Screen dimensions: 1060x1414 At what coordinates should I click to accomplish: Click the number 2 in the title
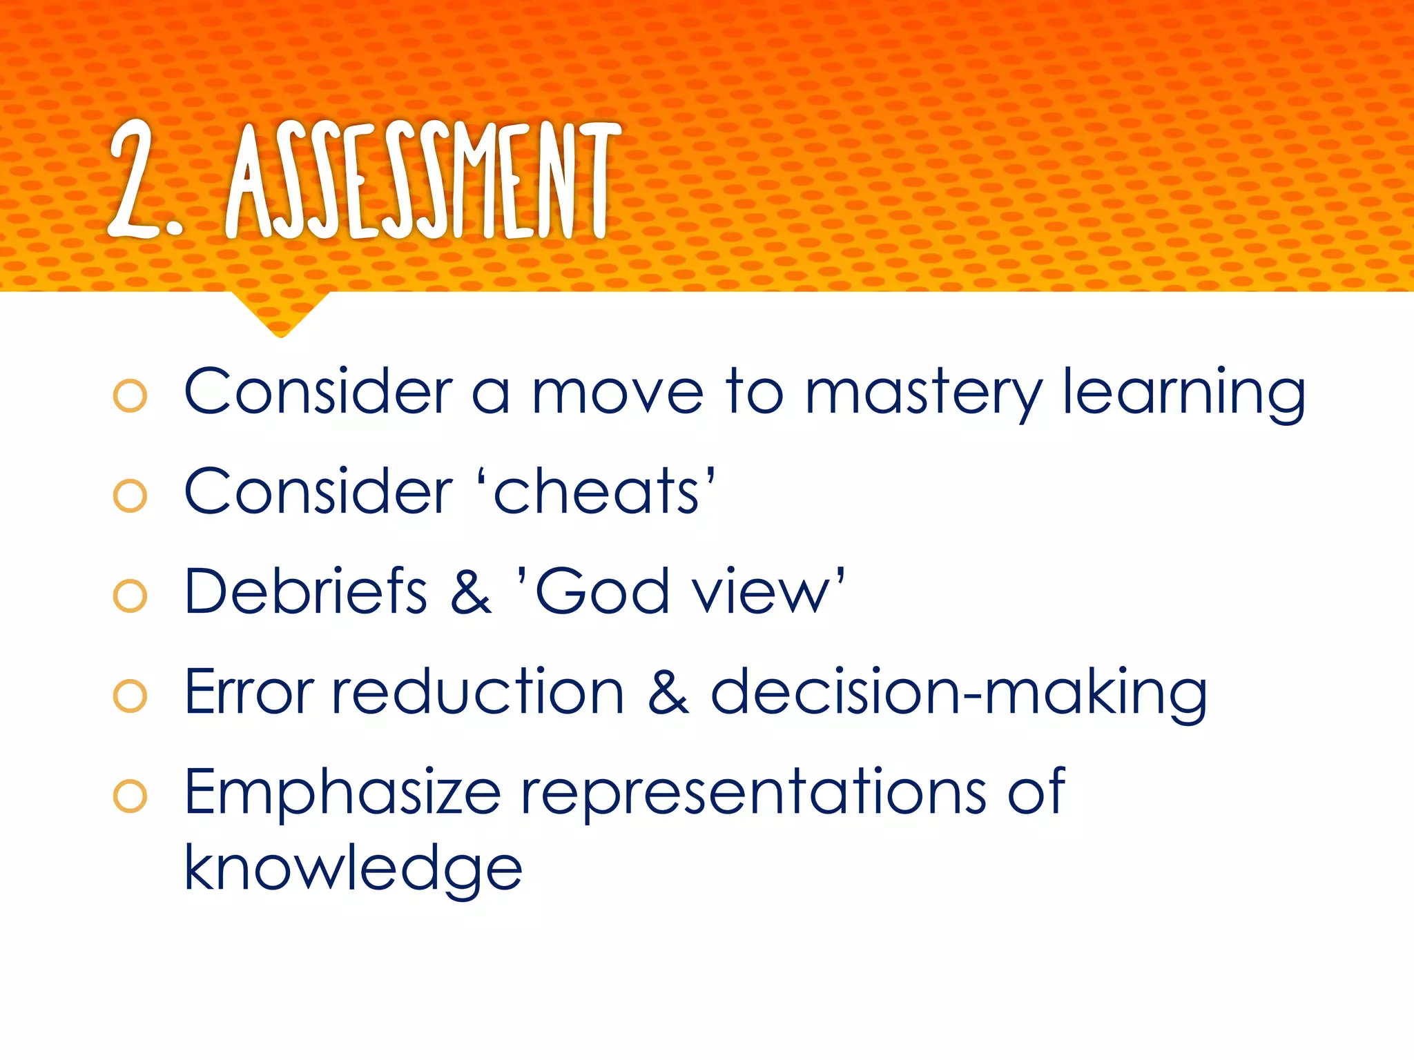click(135, 179)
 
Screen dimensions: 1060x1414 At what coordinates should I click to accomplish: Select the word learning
click(1183, 393)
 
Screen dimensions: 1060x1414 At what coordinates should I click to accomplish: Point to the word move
click(617, 393)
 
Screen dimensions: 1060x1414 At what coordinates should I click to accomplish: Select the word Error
click(249, 691)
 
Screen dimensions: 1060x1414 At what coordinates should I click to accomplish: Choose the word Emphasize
click(342, 792)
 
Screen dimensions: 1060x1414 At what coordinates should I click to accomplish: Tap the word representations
click(753, 792)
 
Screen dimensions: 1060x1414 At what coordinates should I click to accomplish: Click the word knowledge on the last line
click(353, 869)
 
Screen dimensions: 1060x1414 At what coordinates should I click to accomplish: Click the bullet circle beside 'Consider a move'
click(130, 396)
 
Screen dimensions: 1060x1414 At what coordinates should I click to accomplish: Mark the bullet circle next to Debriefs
click(130, 596)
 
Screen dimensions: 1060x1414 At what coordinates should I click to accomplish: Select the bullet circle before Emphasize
click(130, 796)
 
